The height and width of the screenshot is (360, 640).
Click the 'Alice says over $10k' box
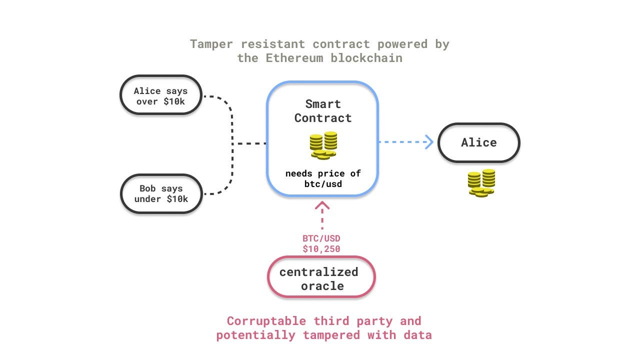point(160,95)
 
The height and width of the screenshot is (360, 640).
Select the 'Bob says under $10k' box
point(160,193)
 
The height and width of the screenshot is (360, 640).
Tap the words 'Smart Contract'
point(323,111)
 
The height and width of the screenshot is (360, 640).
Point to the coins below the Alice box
point(481,183)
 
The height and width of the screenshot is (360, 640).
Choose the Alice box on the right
point(478,142)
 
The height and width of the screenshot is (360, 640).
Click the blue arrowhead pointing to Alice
point(429,142)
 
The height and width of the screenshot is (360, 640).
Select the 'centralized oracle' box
point(321,277)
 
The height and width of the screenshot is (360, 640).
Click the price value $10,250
point(321,248)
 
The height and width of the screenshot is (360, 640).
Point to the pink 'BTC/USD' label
point(321,238)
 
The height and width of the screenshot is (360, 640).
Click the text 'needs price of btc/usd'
point(323,178)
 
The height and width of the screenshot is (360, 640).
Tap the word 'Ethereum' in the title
point(294,57)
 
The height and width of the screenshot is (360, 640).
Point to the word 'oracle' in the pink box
point(322,286)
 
